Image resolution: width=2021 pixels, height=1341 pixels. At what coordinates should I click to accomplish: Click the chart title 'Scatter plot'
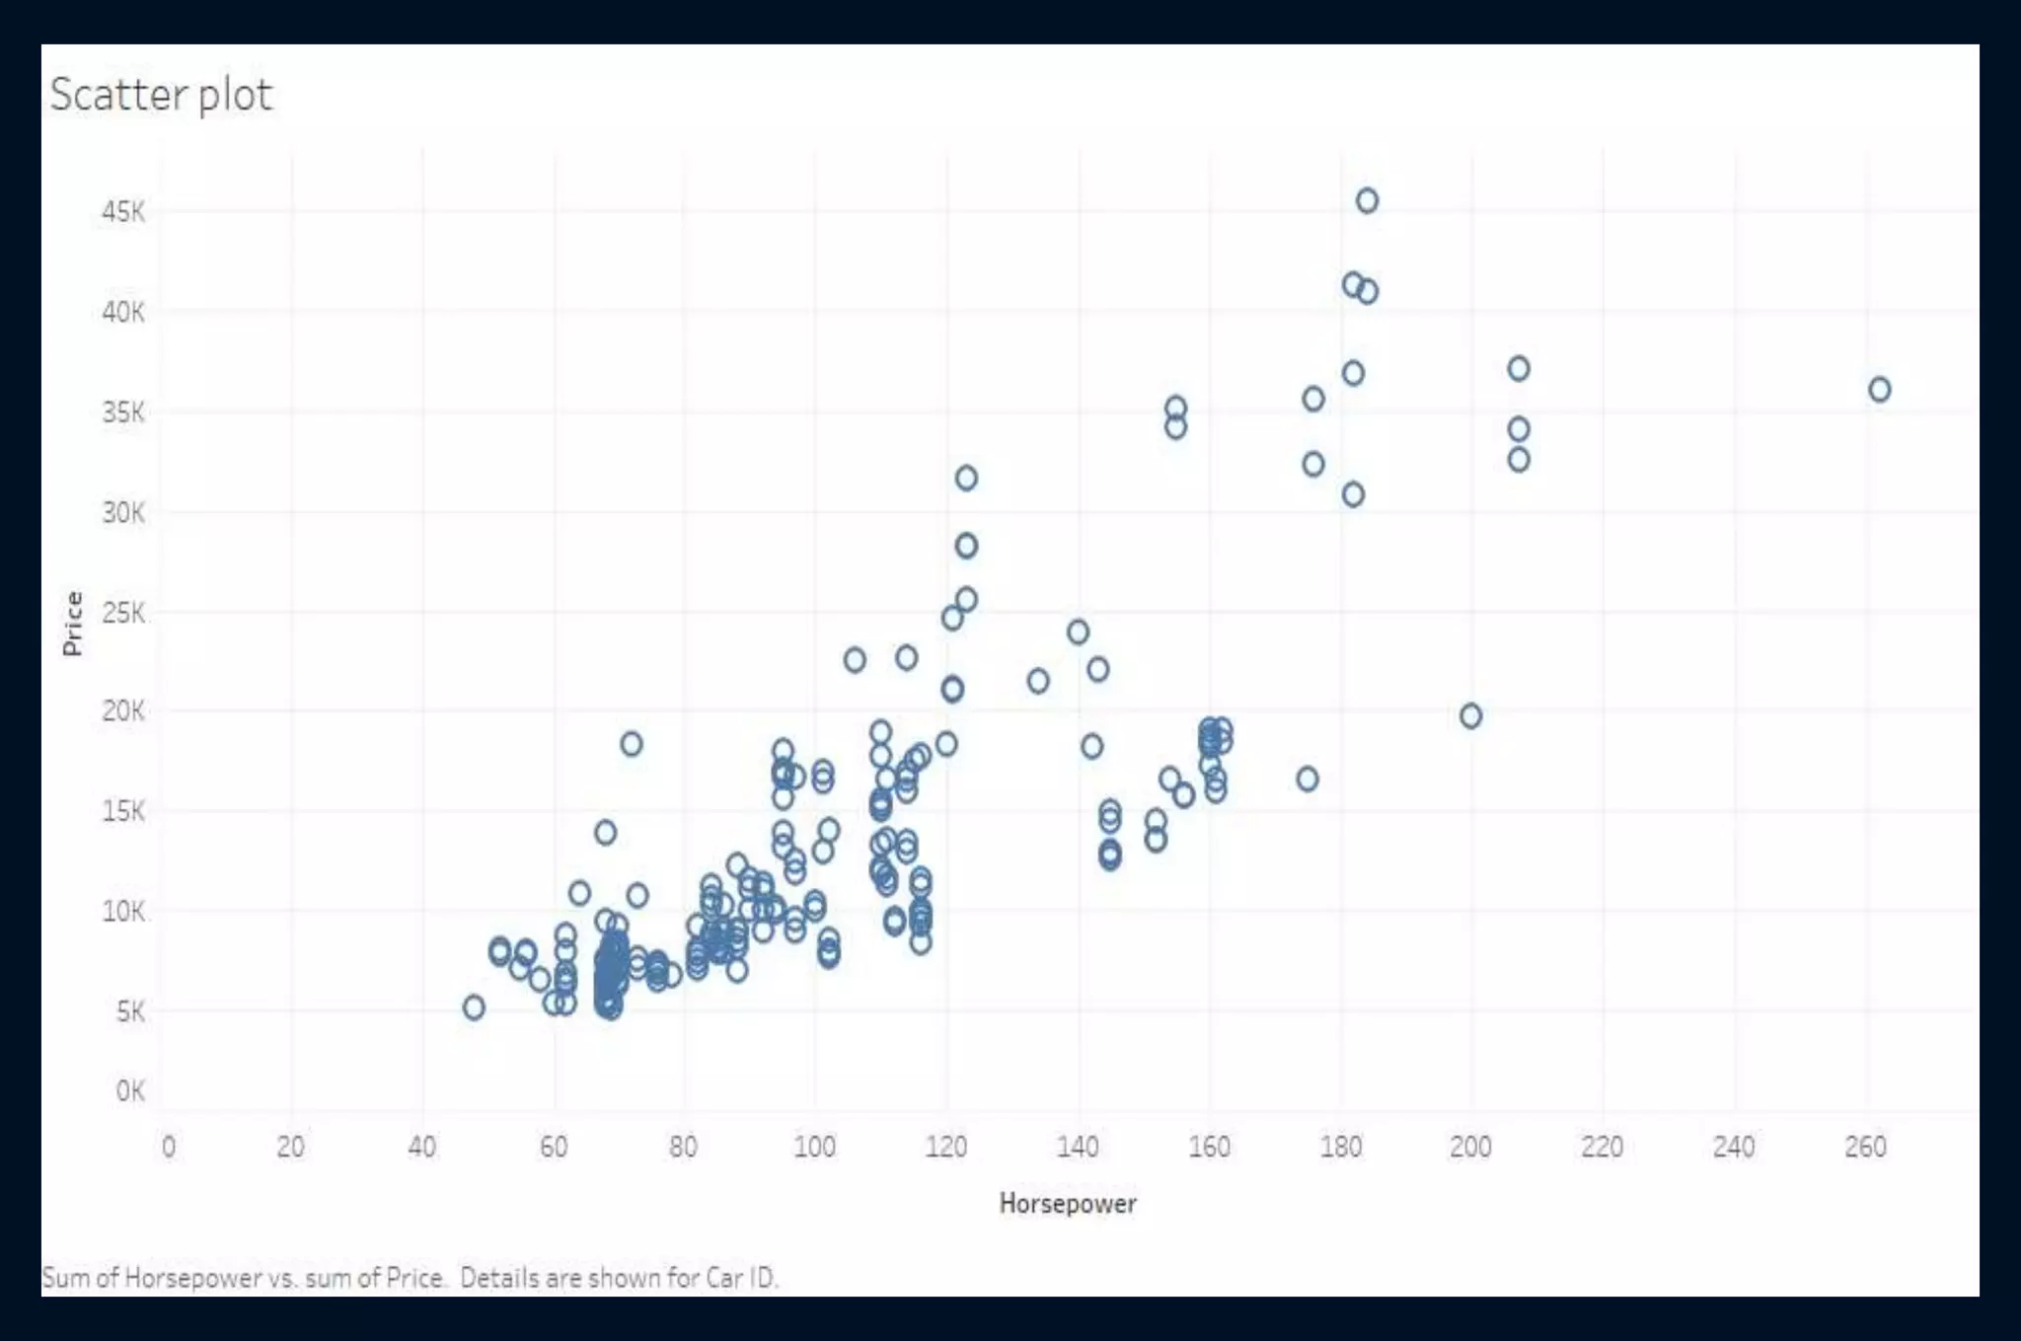161,96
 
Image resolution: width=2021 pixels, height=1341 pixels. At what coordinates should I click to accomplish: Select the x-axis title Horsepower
1068,1203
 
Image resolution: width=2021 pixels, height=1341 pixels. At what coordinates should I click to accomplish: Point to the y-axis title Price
72,624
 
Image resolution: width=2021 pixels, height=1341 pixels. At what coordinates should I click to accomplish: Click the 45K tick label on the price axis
123,212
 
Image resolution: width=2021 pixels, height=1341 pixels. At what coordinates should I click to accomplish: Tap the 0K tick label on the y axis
130,1091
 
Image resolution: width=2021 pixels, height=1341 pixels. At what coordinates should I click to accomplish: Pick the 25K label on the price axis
123,614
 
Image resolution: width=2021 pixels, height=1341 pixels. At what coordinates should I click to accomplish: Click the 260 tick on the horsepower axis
1865,1147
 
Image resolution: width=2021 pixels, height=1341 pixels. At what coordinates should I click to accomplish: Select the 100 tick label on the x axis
814,1147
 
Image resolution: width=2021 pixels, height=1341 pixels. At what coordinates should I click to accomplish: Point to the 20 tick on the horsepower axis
290,1147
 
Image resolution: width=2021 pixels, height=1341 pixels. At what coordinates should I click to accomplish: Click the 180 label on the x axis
1340,1147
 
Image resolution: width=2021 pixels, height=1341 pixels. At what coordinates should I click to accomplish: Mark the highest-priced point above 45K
1367,201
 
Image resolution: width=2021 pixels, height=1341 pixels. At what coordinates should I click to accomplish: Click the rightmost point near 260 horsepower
1880,390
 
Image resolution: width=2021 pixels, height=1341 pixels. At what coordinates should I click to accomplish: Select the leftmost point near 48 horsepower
474,1007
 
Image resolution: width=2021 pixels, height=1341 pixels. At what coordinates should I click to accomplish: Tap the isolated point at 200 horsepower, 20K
1470,716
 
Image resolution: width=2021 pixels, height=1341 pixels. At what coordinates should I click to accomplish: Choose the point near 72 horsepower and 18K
632,744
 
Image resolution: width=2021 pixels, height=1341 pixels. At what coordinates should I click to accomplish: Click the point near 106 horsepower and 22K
855,660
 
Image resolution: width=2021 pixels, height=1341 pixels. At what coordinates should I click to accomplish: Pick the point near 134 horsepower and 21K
1038,681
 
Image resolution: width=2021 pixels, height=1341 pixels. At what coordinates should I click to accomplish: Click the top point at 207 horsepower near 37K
1519,369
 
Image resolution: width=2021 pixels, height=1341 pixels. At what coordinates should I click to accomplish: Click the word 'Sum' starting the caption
65,1278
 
